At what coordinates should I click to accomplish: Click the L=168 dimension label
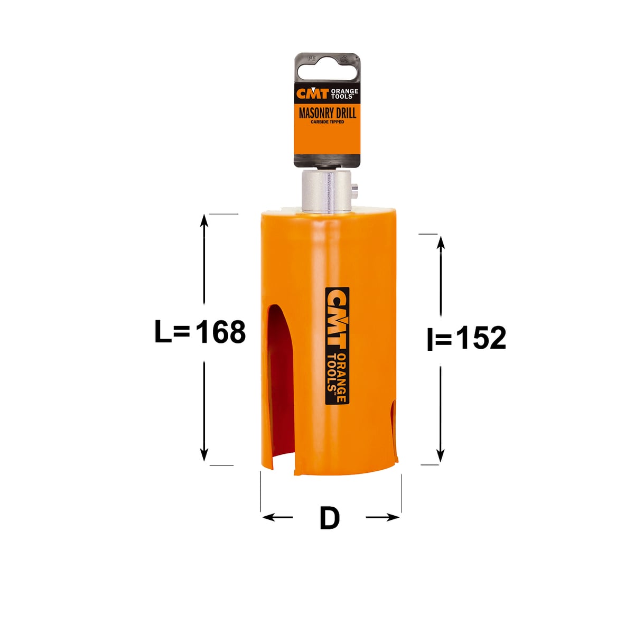click(x=200, y=332)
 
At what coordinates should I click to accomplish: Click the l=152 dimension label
click(x=466, y=338)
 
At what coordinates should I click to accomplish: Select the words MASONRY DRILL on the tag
click(x=328, y=113)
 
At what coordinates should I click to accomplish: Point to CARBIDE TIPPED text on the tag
click(x=328, y=122)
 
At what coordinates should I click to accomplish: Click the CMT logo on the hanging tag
click(x=312, y=93)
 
